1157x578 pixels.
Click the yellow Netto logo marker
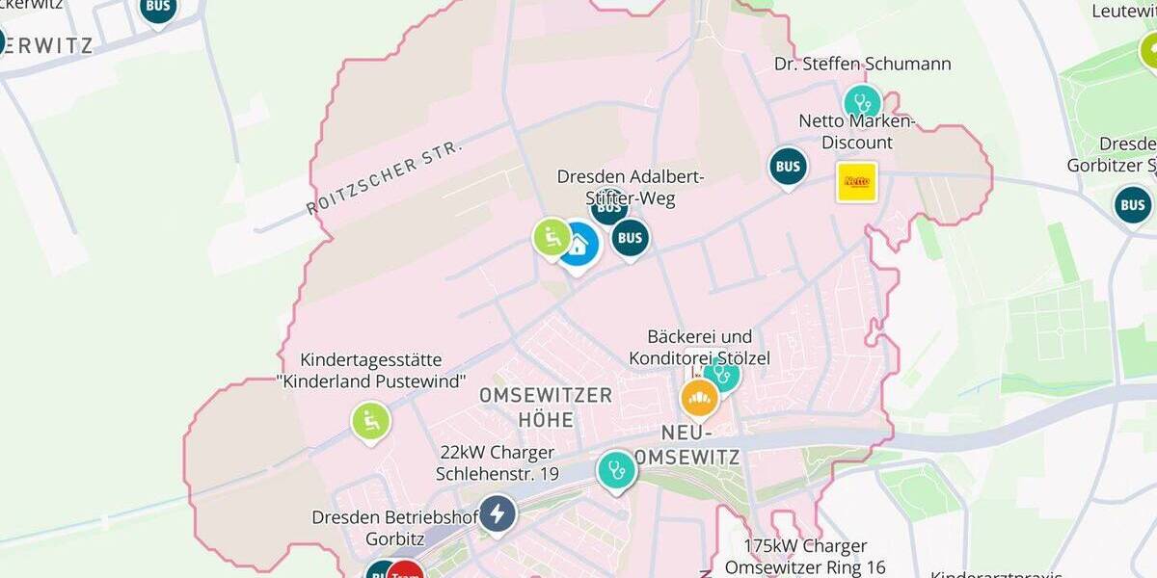pos(856,181)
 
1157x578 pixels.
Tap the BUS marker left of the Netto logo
pos(788,167)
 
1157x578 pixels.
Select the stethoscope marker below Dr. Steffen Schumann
pos(862,103)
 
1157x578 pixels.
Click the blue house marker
pos(578,245)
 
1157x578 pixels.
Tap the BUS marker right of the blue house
pos(630,237)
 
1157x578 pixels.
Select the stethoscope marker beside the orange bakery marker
pos(721,374)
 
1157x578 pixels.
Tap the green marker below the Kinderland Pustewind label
pos(370,421)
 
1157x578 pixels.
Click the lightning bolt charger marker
pos(497,513)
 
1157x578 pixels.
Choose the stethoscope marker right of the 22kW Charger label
pos(616,470)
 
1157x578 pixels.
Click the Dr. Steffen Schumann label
pos(862,64)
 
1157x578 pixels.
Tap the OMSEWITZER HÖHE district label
pos(546,407)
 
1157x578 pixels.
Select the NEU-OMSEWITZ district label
pos(701,444)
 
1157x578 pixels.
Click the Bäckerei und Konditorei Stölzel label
pos(699,348)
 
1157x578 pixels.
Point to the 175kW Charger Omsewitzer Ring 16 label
pos(806,557)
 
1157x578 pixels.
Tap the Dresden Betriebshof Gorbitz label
pos(394,528)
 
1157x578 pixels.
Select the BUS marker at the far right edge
pos(1132,205)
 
